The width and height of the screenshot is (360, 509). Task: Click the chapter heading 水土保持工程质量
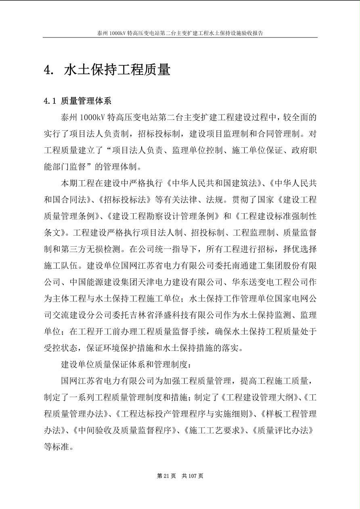(117, 70)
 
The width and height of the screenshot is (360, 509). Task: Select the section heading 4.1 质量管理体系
(77, 101)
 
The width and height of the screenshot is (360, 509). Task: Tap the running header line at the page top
(180, 33)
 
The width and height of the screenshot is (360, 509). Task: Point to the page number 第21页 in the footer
(166, 476)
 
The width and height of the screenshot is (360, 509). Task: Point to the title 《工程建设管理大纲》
(260, 397)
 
